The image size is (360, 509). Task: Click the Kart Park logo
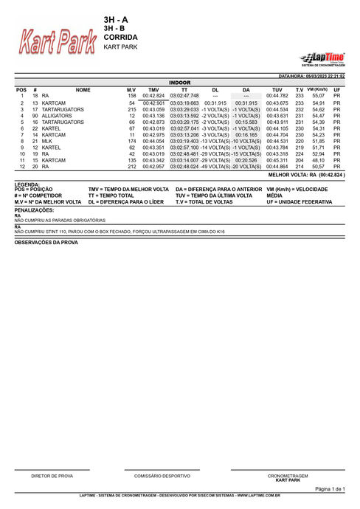coord(58,44)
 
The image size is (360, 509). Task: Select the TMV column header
coord(153,89)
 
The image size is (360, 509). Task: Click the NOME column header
coord(83,89)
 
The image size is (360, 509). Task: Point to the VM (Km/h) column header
coord(318,89)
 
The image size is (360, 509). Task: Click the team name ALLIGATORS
coord(57,116)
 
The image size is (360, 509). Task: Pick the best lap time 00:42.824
coord(153,96)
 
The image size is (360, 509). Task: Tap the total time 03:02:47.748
coord(184,96)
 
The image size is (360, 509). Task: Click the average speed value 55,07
coord(318,96)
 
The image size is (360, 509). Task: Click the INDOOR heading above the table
coord(180,83)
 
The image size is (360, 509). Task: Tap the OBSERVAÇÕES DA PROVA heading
coord(46,242)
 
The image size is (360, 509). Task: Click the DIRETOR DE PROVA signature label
coord(52,476)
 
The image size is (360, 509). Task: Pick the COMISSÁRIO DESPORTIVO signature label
coord(162,476)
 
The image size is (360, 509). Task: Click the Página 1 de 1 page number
coord(330,489)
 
